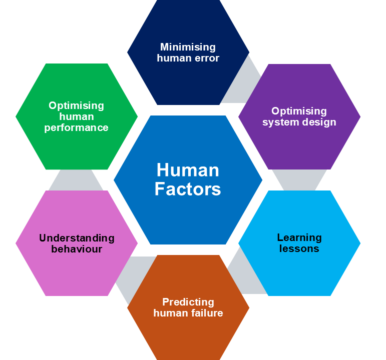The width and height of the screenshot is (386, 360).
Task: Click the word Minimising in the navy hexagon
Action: (188, 47)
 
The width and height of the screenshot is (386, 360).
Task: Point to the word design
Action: (318, 122)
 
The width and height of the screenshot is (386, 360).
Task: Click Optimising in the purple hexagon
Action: (299, 111)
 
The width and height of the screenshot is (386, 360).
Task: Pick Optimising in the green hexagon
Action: (76, 105)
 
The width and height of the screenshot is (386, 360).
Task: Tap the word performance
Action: (76, 127)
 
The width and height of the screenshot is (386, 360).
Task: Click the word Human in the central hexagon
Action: (188, 170)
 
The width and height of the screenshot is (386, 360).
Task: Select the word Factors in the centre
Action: (188, 189)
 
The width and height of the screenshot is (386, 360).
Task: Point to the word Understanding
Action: (77, 238)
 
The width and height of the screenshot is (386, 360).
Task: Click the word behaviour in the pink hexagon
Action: (77, 249)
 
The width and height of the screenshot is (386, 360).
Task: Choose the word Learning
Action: (299, 237)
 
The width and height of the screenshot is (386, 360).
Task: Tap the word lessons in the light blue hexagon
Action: (299, 248)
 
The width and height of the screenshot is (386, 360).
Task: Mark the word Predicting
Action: (188, 302)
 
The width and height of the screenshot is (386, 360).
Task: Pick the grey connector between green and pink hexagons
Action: (76, 180)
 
